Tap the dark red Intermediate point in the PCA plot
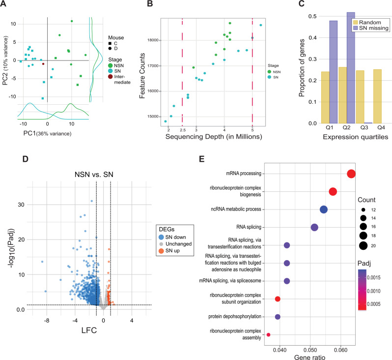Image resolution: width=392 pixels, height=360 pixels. [x=43, y=64]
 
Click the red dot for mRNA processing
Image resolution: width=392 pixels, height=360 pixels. [x=351, y=174]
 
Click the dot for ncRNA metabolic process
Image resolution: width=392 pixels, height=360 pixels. [x=324, y=210]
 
